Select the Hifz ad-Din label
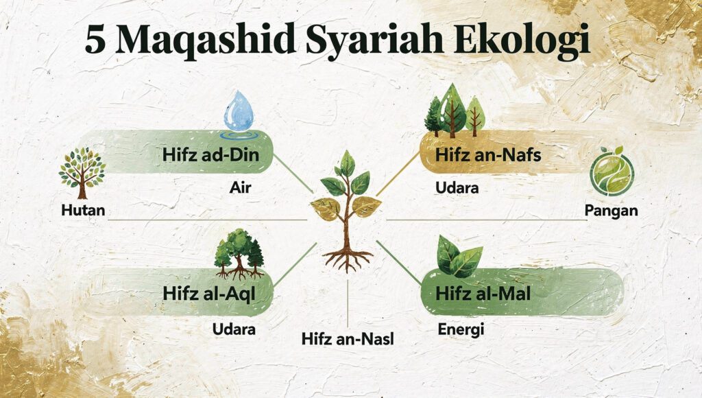point(210,155)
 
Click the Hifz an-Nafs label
point(488,155)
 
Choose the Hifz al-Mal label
point(483,293)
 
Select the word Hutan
point(82,210)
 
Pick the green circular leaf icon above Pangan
point(612,172)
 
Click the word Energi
point(461,330)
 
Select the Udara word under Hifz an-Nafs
point(457,187)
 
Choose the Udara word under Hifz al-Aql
point(234,329)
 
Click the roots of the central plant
point(348,257)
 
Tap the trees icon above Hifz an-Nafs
point(455,110)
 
